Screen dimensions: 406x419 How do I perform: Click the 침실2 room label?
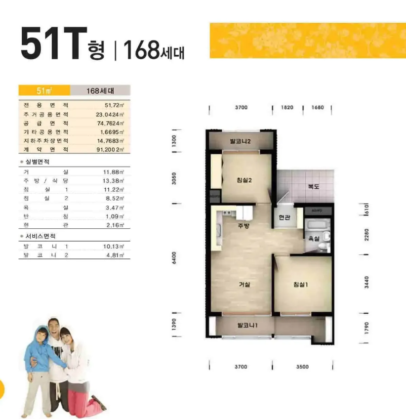(x=244, y=180)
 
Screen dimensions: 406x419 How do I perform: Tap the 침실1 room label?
(x=300, y=285)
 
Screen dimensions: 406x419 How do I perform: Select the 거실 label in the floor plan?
(x=244, y=285)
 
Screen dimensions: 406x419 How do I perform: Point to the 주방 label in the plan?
(x=244, y=226)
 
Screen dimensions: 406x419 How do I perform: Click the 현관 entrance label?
(x=284, y=217)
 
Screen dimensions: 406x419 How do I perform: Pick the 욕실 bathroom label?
(x=314, y=238)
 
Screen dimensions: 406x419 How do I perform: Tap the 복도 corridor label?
(x=314, y=186)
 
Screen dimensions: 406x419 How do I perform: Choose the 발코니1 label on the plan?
(x=247, y=325)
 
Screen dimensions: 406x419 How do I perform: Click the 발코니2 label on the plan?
(x=241, y=141)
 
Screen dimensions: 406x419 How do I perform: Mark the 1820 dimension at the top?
(x=287, y=107)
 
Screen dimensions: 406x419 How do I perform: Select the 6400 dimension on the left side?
(x=174, y=258)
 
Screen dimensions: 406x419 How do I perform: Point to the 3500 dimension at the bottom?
(x=302, y=367)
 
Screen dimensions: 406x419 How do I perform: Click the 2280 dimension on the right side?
(x=366, y=235)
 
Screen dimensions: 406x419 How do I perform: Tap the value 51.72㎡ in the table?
(x=114, y=105)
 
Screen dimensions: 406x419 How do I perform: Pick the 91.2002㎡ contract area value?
(x=110, y=150)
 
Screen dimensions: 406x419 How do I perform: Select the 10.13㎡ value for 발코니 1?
(x=114, y=247)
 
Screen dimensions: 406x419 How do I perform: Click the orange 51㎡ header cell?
(x=44, y=90)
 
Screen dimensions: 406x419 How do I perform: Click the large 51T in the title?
(x=54, y=43)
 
